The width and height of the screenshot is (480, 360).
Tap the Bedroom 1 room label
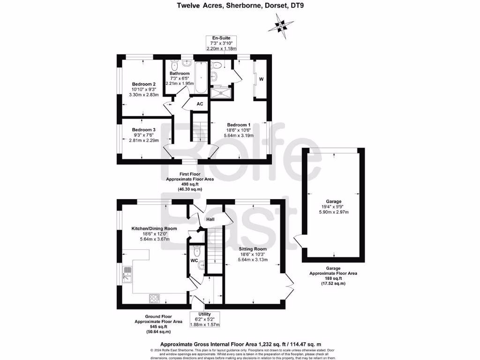239,125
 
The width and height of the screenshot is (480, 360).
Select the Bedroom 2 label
144,84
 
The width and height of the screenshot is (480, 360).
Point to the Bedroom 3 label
144,130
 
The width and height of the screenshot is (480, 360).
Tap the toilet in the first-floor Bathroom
174,64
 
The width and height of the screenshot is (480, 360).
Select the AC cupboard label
200,104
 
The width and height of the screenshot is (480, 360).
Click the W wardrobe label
261,79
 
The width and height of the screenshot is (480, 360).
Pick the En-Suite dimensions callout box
221,43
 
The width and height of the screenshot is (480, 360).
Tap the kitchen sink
127,275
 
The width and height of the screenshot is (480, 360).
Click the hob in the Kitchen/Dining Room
154,299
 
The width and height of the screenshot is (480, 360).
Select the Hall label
210,219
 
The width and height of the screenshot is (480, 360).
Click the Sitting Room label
253,249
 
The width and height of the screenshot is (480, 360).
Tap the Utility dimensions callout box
205,319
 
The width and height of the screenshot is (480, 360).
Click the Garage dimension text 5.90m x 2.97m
334,212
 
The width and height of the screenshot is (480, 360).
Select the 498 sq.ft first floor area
190,184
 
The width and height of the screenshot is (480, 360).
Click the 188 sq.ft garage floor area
333,278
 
